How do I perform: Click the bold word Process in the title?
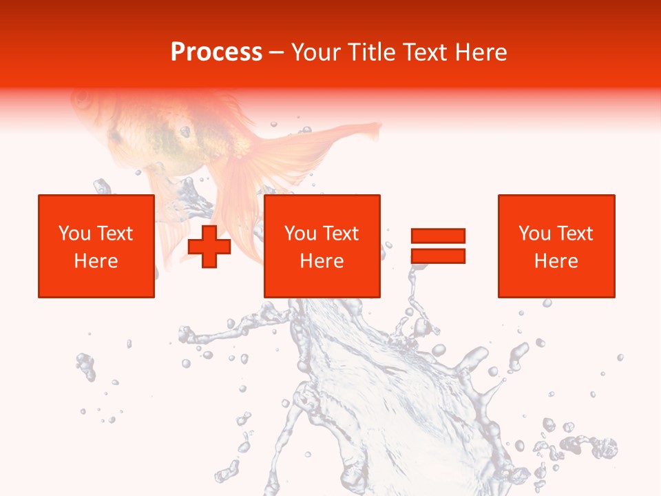pyautogui.click(x=216, y=52)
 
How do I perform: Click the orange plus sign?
pyautogui.click(x=209, y=246)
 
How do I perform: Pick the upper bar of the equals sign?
pyautogui.click(x=438, y=236)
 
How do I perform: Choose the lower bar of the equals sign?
pyautogui.click(x=438, y=256)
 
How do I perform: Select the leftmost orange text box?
pyautogui.click(x=96, y=246)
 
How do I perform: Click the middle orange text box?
pyautogui.click(x=322, y=246)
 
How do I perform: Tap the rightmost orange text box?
pyautogui.click(x=556, y=246)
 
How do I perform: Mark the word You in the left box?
pyautogui.click(x=74, y=234)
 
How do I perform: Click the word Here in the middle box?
pyautogui.click(x=322, y=261)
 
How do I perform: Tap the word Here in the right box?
pyautogui.click(x=556, y=261)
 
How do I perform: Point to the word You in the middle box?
pyautogui.click(x=300, y=234)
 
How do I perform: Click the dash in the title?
pyautogui.click(x=277, y=53)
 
